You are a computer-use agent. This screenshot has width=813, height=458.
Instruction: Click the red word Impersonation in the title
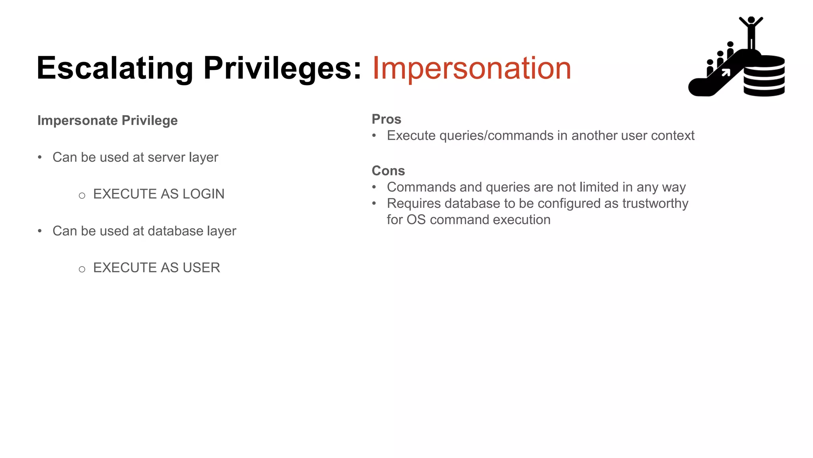point(471,68)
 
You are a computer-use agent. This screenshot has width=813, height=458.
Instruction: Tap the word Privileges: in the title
point(282,68)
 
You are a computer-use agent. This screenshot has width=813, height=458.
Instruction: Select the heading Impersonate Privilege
point(107,120)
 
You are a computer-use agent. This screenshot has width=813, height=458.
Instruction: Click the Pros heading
point(386,119)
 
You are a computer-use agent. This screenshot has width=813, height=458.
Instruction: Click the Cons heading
point(388,171)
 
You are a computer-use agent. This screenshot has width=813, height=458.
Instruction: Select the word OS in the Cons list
point(416,220)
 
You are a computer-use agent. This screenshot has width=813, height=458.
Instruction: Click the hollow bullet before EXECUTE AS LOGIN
point(82,196)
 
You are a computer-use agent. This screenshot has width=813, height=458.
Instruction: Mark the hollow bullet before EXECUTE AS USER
point(82,270)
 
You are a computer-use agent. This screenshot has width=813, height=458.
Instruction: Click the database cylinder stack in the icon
point(764,76)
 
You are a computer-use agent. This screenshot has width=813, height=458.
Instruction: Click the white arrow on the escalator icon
point(726,72)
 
